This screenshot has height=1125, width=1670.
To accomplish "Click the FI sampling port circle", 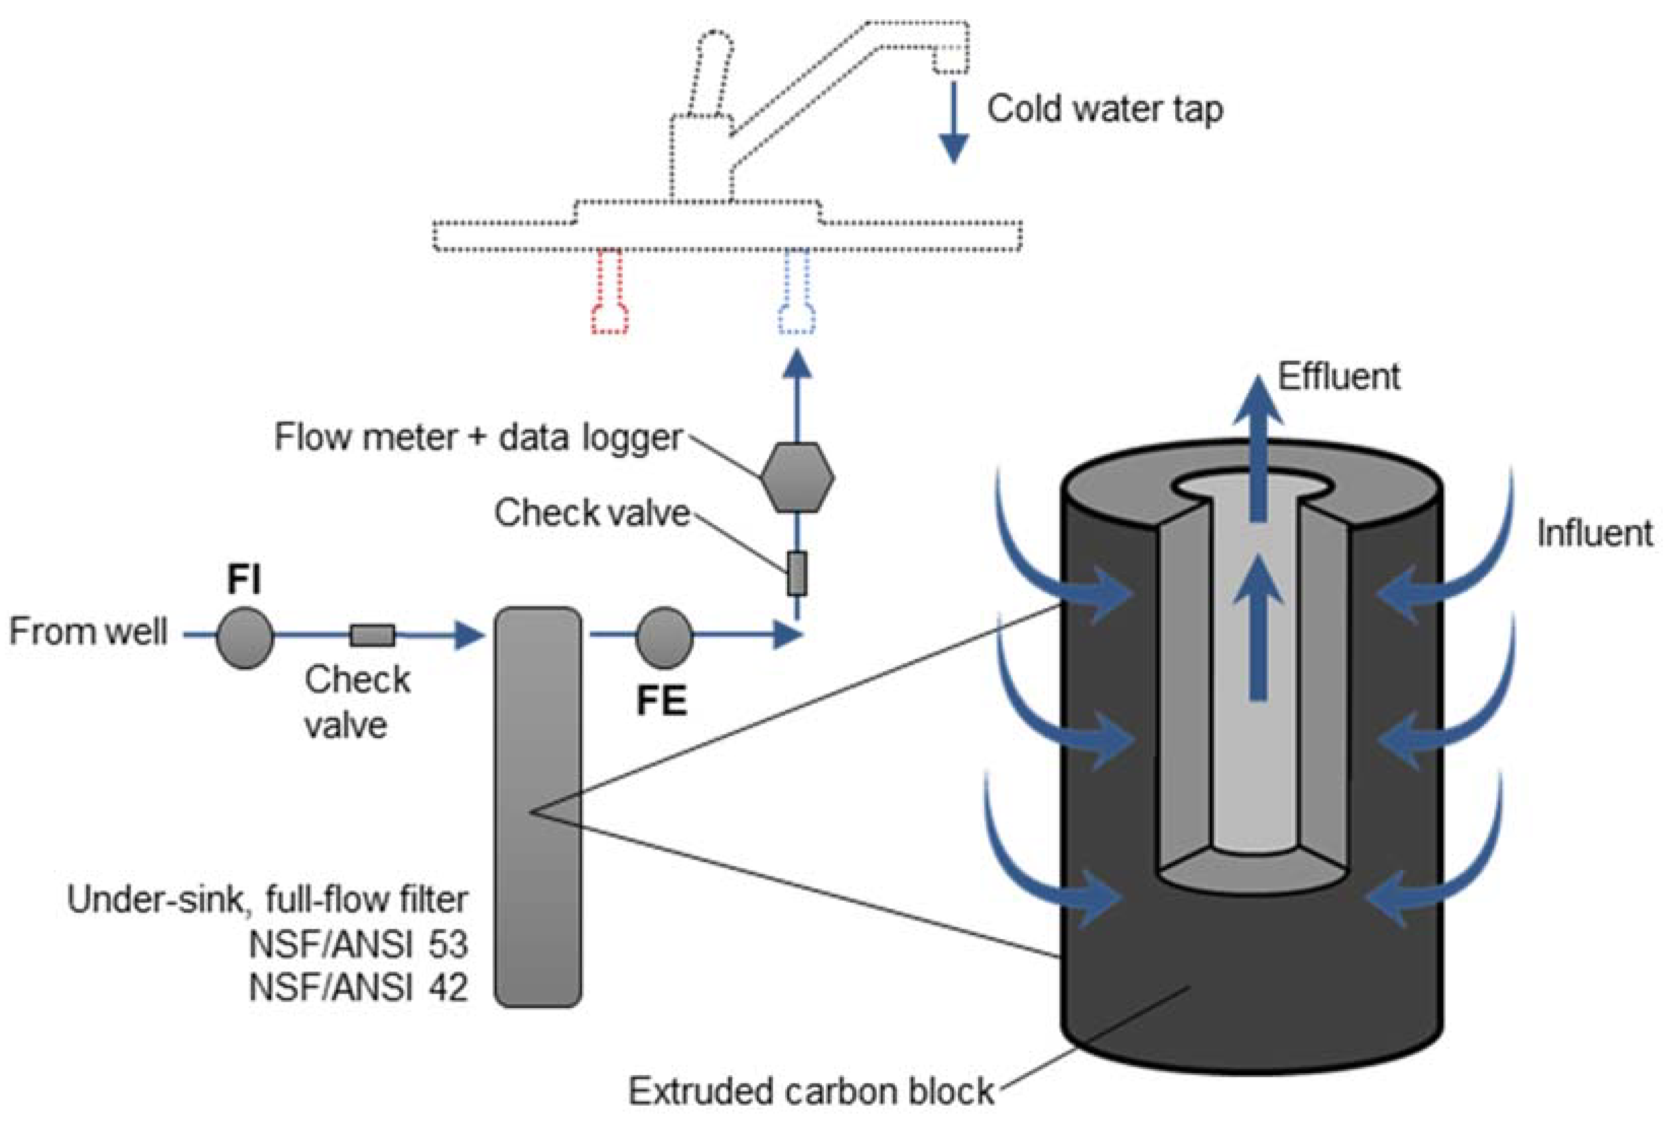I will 244,637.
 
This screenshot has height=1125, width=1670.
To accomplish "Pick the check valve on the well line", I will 372,635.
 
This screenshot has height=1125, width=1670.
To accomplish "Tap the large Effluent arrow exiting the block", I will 1257,445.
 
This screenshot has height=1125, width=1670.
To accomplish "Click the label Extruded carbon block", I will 811,1092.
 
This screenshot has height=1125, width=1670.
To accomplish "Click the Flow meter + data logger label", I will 477,437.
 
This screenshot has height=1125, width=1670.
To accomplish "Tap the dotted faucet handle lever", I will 711,72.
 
